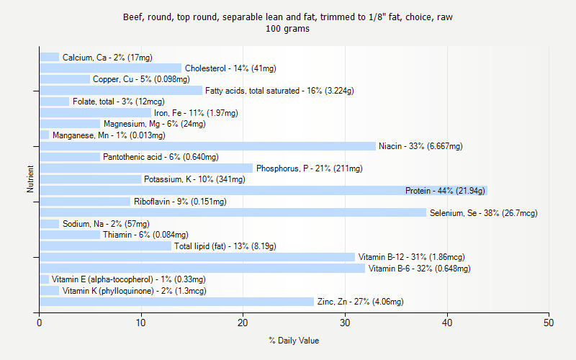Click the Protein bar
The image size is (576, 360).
tap(263, 190)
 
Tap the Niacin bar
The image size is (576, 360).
tap(207, 146)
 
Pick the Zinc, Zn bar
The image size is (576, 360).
tap(176, 302)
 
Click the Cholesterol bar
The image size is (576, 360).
tap(110, 68)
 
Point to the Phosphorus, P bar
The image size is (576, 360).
tap(146, 168)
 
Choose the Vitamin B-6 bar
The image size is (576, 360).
tap(202, 269)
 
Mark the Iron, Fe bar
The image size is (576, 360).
tap(95, 113)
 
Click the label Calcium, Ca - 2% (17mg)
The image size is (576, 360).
tap(107, 58)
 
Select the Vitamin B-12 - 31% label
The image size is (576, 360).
tap(411, 257)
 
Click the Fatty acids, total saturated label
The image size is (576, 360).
tap(279, 91)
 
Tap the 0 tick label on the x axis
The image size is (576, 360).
tap(40, 323)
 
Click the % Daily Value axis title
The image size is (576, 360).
tap(294, 341)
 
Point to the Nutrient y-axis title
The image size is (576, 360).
tap(30, 179)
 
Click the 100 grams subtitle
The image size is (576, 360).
tap(288, 29)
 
